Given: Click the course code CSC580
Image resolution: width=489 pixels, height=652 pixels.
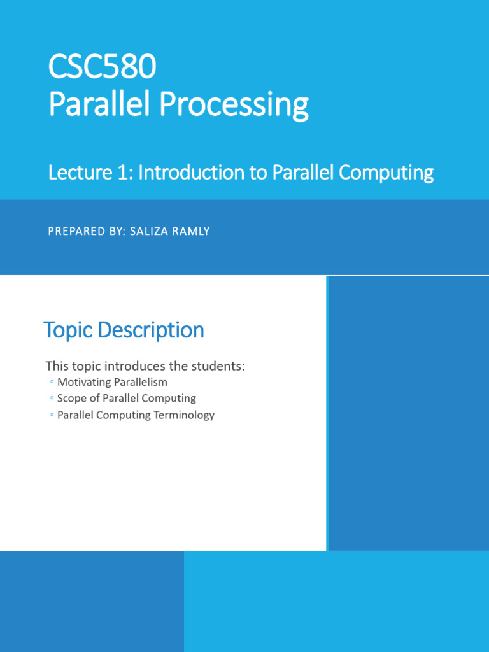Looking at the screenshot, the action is [103, 66].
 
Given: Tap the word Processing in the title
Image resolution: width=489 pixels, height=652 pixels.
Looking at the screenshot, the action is [234, 105].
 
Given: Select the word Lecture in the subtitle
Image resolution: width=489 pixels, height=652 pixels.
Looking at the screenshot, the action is [80, 172].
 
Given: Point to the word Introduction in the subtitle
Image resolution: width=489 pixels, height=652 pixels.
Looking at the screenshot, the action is [192, 172].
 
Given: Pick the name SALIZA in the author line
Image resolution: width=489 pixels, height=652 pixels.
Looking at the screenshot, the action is [148, 231].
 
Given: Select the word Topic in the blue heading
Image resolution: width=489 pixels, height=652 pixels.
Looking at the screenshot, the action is [67, 331].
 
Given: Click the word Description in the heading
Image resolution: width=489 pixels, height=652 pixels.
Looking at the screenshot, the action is [151, 331].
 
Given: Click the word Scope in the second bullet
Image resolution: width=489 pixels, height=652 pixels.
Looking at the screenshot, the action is [72, 399].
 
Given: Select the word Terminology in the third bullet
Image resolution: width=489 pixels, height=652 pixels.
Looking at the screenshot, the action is [184, 415].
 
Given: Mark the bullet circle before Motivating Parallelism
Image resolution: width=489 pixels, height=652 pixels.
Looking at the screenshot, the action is [52, 382].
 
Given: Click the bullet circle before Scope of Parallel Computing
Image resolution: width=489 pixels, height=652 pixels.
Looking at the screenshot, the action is [52, 398].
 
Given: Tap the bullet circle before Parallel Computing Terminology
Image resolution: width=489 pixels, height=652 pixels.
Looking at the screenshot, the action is [52, 415].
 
